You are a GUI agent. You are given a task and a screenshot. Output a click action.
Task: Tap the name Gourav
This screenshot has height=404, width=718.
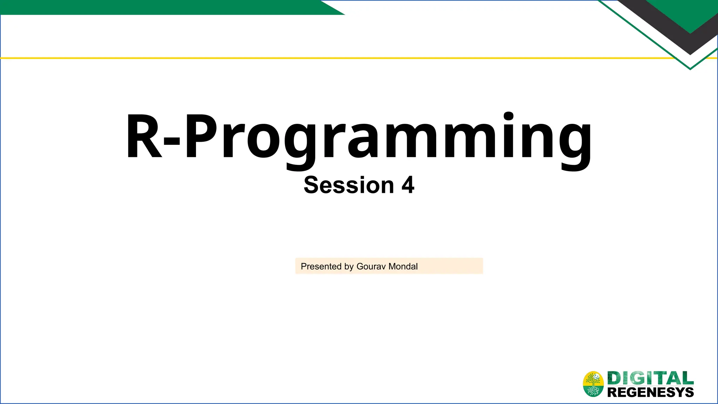tap(371, 267)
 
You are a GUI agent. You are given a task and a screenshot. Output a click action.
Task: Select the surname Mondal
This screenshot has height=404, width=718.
tap(403, 267)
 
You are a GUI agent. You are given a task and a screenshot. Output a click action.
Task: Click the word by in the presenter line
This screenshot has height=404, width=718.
tap(349, 267)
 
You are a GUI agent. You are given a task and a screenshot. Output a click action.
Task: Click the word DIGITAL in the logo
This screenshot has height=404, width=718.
tap(650, 378)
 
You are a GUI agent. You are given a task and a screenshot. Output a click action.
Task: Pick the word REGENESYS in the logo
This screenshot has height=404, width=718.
tap(650, 392)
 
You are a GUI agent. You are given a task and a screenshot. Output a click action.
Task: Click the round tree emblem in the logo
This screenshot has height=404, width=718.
tap(593, 384)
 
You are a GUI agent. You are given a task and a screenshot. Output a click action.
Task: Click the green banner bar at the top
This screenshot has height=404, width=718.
tap(158, 7)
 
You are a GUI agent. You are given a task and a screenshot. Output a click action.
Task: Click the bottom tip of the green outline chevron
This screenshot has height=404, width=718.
tap(690, 69)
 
